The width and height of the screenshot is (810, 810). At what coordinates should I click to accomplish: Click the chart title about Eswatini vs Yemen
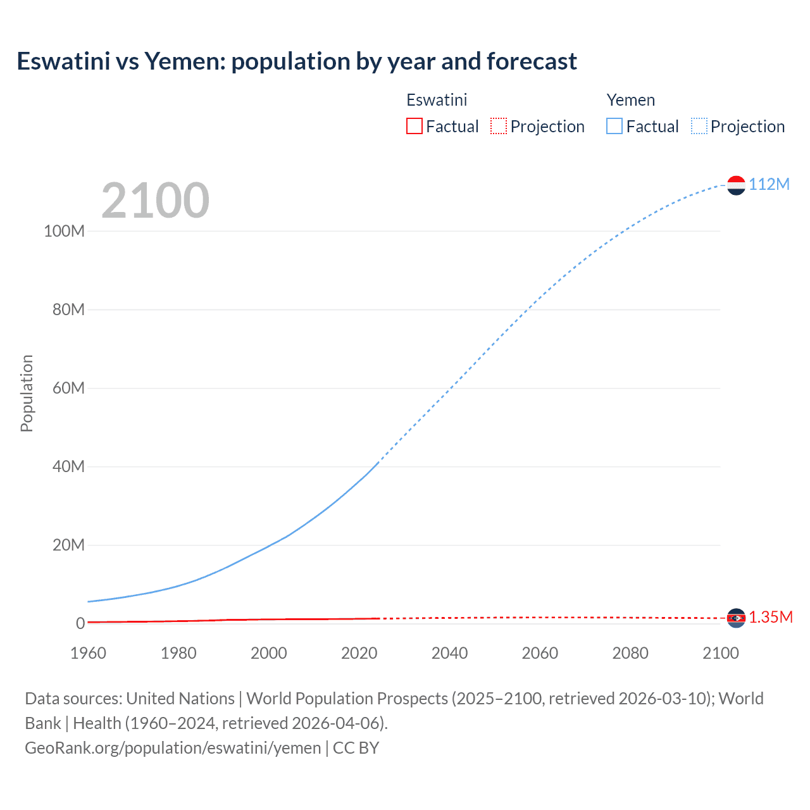point(297,61)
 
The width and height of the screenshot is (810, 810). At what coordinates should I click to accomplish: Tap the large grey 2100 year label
point(155,201)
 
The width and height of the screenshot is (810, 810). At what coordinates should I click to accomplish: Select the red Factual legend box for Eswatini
point(414,127)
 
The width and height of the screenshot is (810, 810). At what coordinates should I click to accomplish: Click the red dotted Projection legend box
point(499,127)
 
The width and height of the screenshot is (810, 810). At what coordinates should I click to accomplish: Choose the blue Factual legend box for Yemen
point(614,127)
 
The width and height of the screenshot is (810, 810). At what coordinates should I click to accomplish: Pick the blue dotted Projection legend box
point(699,127)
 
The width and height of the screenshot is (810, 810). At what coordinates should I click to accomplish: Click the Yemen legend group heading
point(630,100)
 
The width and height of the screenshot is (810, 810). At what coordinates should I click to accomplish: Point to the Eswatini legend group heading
point(437,100)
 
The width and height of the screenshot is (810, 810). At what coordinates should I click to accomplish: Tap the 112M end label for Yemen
point(769,184)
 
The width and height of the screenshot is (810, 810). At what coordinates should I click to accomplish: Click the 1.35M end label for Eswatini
point(771,618)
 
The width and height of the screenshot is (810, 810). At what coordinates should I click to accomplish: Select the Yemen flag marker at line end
point(736,185)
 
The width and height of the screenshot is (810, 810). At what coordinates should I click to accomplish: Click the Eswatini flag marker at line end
point(736,618)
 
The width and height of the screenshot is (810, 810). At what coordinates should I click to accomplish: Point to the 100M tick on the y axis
point(64,231)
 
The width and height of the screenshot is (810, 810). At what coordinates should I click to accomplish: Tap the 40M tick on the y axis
point(68,467)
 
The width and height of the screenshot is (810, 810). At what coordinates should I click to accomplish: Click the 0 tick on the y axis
point(80,624)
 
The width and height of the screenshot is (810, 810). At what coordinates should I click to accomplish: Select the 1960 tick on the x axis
point(88,653)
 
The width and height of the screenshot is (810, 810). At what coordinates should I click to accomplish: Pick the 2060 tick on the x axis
point(540,653)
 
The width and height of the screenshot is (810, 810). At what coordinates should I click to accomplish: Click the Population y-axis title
point(27,393)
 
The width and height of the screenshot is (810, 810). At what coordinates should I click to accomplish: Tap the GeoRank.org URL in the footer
point(173,748)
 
